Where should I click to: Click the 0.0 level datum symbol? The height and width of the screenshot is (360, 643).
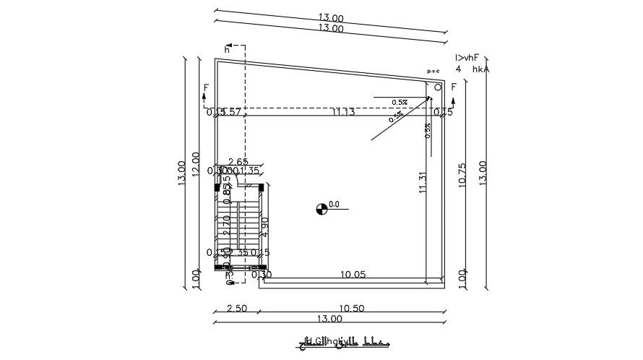tap(321, 210)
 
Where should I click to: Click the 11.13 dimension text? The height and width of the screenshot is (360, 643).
tap(343, 112)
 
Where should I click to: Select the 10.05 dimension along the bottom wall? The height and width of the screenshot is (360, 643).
tap(353, 275)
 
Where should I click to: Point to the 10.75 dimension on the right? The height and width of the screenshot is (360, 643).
tap(462, 176)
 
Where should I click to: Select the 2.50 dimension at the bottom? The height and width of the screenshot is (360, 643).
tap(237, 308)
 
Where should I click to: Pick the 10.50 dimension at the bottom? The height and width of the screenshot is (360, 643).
tap(351, 308)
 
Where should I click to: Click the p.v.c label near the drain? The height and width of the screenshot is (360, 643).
tap(433, 71)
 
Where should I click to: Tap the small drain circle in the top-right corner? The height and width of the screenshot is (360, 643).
tap(438, 87)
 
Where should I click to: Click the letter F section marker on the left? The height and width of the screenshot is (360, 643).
tap(206, 88)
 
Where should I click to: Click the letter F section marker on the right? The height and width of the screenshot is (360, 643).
tap(454, 87)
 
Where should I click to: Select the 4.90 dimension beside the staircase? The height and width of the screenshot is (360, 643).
tap(265, 227)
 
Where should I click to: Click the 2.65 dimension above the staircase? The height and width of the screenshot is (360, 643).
tap(238, 161)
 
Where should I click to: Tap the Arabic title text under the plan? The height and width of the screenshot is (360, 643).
tap(337, 340)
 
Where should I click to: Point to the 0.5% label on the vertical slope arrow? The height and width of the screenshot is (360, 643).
tap(428, 130)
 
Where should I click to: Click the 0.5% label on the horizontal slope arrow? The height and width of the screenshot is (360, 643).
tap(400, 103)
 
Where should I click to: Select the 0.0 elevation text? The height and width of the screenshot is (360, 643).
tap(334, 205)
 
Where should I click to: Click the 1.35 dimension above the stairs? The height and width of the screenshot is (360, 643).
tap(249, 171)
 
